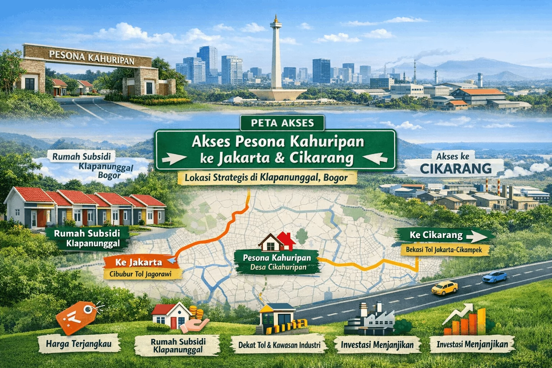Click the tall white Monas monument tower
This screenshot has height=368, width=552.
click(276, 57)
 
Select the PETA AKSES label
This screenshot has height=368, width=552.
click(282, 123)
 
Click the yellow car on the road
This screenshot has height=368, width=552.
click(445, 287)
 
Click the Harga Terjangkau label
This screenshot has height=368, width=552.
click(79, 344)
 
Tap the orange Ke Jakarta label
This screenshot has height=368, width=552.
click(139, 262)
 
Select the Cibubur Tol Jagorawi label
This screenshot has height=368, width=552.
click(140, 274)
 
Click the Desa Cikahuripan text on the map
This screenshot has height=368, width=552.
click(278, 267)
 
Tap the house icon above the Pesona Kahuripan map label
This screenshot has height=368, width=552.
click(277, 241)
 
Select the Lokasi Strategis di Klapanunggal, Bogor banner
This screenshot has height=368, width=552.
click(266, 178)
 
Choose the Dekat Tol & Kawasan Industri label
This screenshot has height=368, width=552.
click(279, 345)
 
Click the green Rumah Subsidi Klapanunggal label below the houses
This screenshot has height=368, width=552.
click(87, 238)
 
